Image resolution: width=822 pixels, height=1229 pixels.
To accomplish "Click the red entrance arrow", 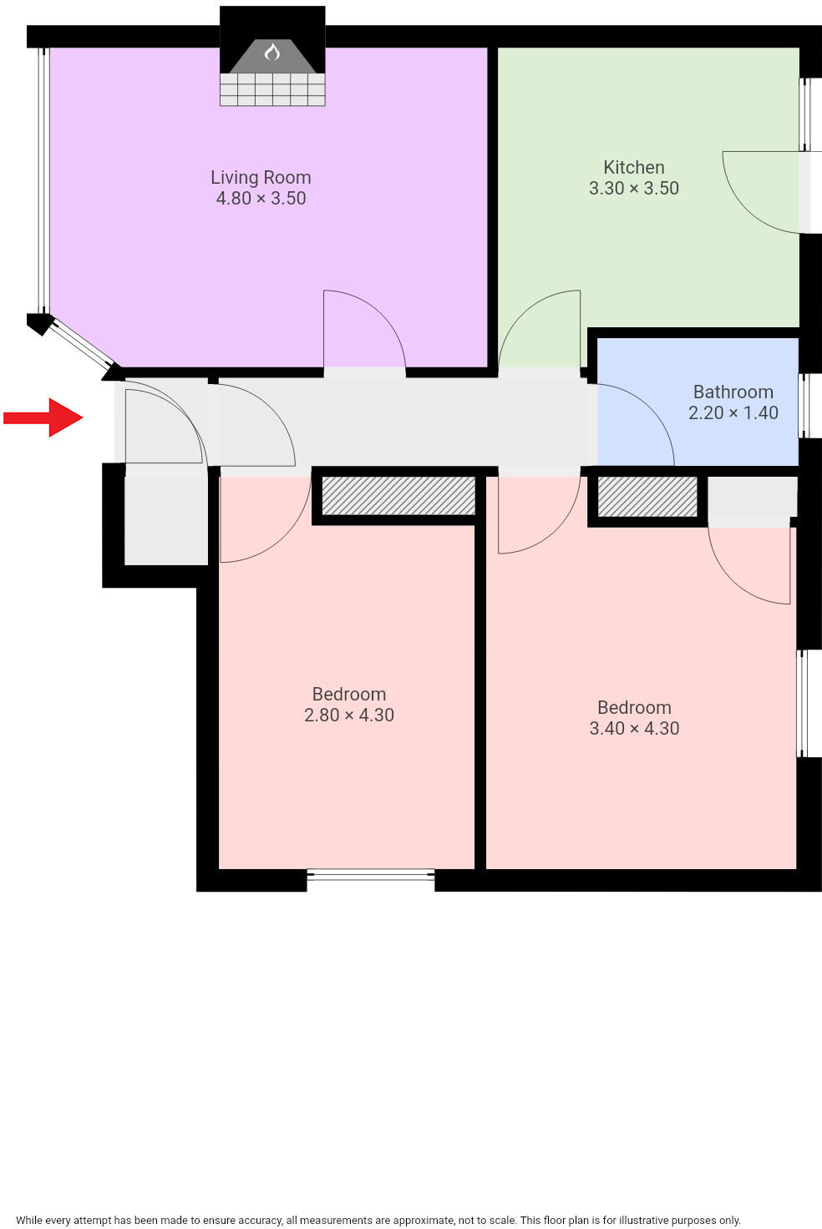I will [x=43, y=417].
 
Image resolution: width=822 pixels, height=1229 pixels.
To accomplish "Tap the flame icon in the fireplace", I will [x=271, y=52].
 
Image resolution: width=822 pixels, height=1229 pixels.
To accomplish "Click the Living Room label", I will [x=261, y=177].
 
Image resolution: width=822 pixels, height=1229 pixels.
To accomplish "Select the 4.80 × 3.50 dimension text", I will [x=261, y=199].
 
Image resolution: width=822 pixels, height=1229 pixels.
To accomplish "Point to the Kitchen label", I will [x=634, y=167].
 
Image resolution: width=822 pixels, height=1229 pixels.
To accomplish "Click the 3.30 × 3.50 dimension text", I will [x=634, y=189].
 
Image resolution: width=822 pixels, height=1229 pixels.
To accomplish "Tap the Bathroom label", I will [x=733, y=392].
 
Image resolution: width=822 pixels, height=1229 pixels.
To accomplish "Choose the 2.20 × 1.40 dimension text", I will [x=733, y=412].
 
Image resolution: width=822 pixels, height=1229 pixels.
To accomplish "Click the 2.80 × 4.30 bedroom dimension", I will [x=349, y=716].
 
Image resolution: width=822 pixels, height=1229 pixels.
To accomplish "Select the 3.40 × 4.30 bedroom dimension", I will [x=634, y=729].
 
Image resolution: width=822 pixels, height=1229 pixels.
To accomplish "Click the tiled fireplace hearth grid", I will [x=272, y=89].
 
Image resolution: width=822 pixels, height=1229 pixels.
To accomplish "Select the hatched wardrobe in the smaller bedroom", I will [x=398, y=495].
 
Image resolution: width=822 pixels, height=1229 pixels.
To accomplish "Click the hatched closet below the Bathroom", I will [x=647, y=496].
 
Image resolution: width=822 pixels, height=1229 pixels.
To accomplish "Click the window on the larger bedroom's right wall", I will [x=802, y=703].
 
